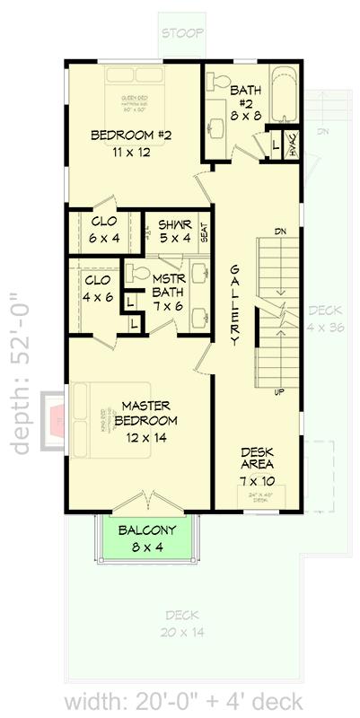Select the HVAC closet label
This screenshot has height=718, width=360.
click(294, 146)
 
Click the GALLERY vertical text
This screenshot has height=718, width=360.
click(234, 306)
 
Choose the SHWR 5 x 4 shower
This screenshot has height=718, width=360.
click(174, 231)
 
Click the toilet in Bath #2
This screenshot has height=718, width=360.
click(218, 82)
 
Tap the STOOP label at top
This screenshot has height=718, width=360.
click(180, 34)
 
